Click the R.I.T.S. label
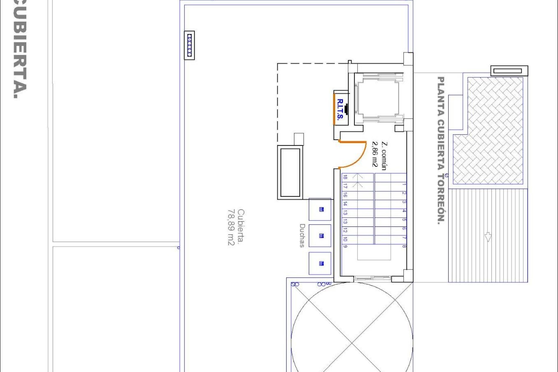pyautogui.click(x=340, y=109)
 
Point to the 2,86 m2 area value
pyautogui.click(x=375, y=154)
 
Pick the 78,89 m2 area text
pyautogui.click(x=231, y=227)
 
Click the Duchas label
pyautogui.click(x=302, y=235)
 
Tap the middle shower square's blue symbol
pyautogui.click(x=321, y=236)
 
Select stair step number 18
pyautogui.click(x=345, y=177)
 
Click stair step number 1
pyautogui.click(x=404, y=184)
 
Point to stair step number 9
pyautogui.click(x=345, y=246)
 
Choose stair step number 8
pyautogui.click(x=404, y=246)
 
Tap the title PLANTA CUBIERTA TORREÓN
pyautogui.click(x=441, y=150)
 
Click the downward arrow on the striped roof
pyautogui.click(x=488, y=237)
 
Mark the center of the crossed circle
pyautogui.click(x=352, y=343)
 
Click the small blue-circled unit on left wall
pyautogui.click(x=189, y=45)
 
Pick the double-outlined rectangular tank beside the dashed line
pyautogui.click(x=290, y=173)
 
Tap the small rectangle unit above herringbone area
pyautogui.click(x=509, y=71)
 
